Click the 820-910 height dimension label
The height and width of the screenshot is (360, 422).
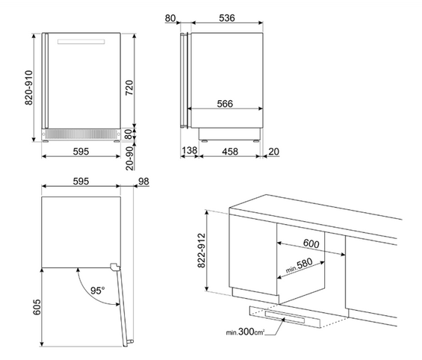coord(29,87)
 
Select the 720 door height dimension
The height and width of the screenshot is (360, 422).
coord(129,87)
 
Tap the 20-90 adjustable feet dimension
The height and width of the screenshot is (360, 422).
coord(130,158)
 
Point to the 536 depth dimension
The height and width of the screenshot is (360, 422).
coord(227,18)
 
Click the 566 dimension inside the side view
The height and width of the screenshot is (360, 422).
coord(225,104)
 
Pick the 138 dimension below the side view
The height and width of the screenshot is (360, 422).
coord(190,150)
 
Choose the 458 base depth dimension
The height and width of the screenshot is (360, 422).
coord(230,152)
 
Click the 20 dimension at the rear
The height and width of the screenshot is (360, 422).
coord(273,152)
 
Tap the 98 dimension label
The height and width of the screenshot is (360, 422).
coord(143,181)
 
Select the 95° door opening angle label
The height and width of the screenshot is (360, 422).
coord(97,291)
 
